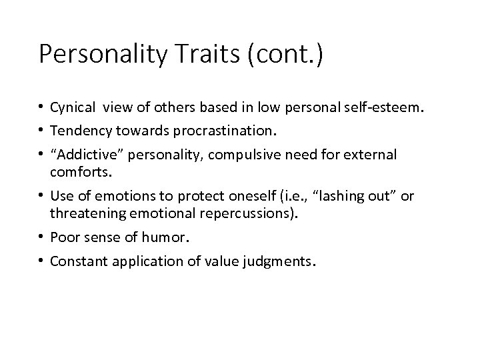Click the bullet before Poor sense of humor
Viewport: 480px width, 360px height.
(x=42, y=237)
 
